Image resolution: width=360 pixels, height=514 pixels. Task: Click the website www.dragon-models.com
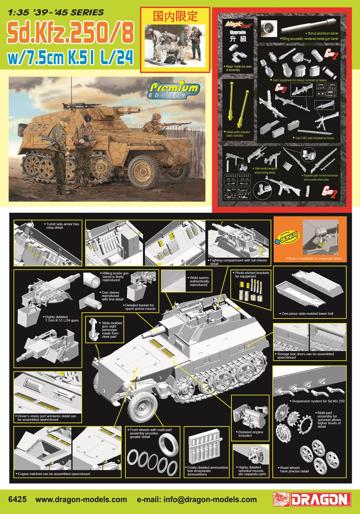[81, 499]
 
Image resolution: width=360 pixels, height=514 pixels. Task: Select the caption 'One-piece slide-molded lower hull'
[306, 313]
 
